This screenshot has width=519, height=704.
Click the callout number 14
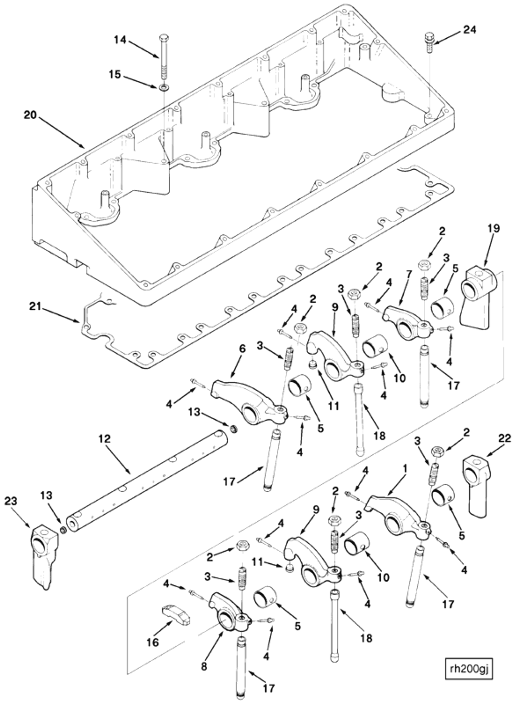tap(120, 40)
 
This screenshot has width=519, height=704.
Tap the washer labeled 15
tap(163, 87)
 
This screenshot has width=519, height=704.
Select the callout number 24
tap(469, 30)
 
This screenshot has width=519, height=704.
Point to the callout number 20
tap(31, 115)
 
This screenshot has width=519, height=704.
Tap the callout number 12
tap(105, 439)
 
